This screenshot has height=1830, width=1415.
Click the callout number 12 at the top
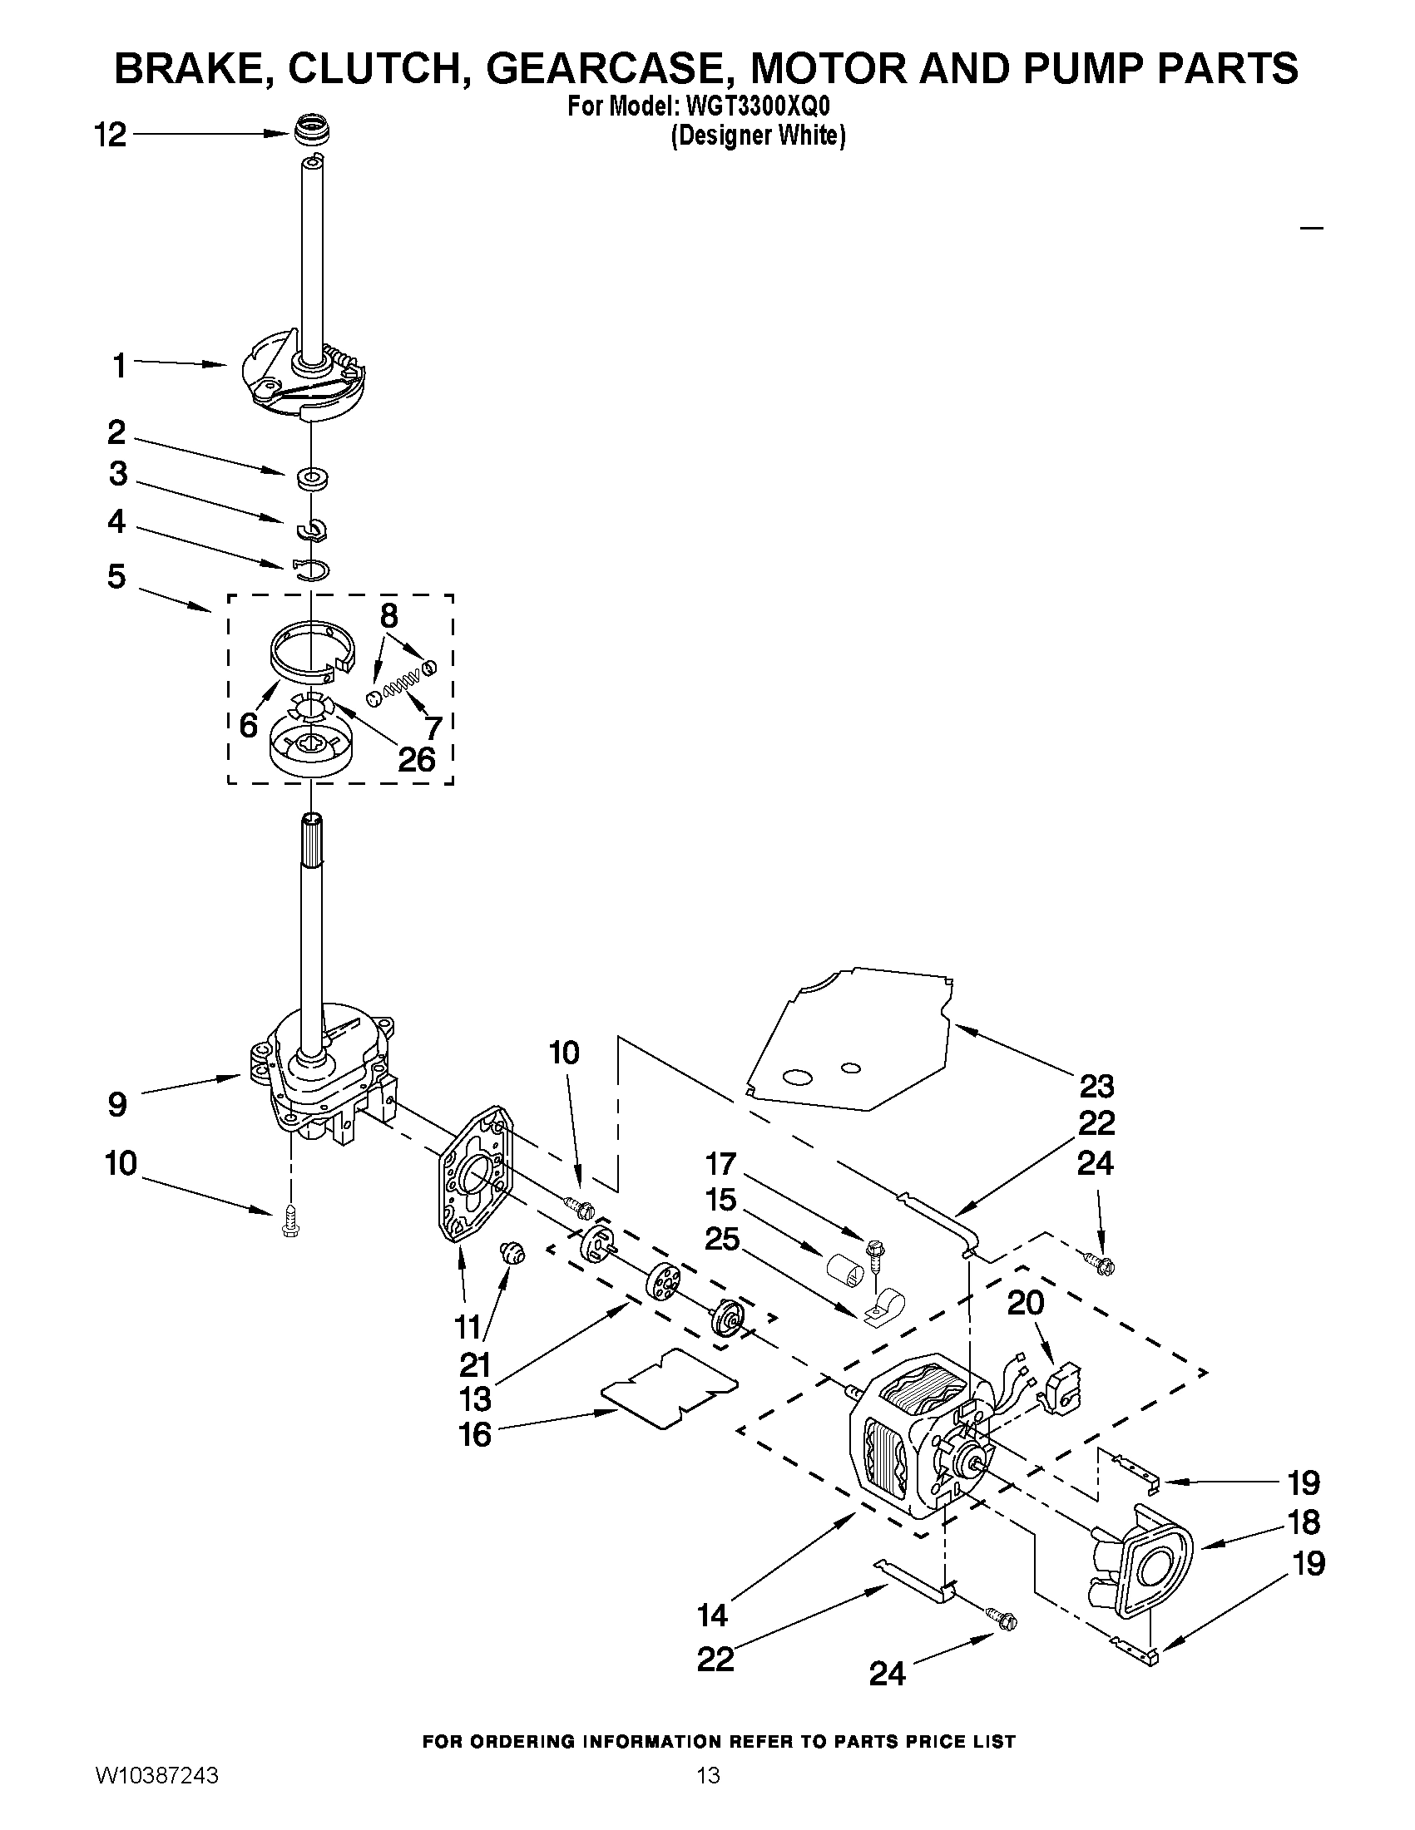[110, 135]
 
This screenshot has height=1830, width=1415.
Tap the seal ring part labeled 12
[312, 131]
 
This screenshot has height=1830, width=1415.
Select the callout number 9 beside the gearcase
[117, 1104]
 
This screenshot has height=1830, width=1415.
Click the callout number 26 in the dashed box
[416, 759]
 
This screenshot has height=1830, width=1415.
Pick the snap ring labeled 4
[311, 570]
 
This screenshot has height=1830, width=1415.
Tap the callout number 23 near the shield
[1096, 1086]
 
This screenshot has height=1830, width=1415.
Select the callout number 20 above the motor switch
[1026, 1302]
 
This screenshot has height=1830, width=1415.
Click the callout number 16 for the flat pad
[475, 1434]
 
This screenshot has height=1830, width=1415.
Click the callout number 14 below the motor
[715, 1615]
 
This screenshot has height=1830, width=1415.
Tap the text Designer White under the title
[758, 136]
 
